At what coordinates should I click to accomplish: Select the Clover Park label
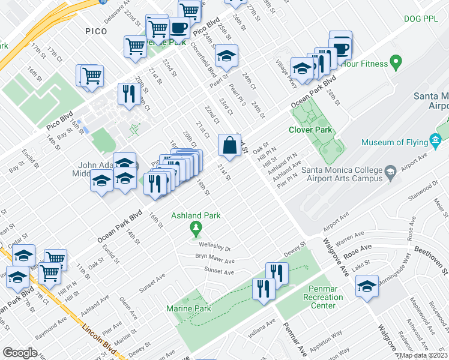(310, 129)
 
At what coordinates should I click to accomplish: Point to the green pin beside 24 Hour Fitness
(396, 61)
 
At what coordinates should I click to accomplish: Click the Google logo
(20, 353)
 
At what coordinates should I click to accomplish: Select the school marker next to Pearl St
(226, 56)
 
